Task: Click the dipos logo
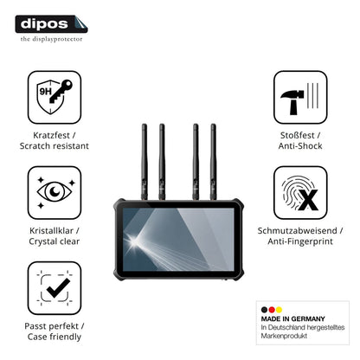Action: coord(51,24)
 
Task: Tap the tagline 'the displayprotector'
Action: coord(51,39)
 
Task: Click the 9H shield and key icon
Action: coord(55,97)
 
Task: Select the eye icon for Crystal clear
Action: coord(55,192)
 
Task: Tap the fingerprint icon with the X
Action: coord(300,192)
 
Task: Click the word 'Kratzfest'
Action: coord(51,135)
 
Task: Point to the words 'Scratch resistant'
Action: coord(55,146)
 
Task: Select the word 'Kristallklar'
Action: coord(51,231)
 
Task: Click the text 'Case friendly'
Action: coord(55,337)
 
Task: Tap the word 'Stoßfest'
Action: coord(297,135)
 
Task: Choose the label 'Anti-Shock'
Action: coord(300,146)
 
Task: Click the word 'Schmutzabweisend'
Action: coord(297,231)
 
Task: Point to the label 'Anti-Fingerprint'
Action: coord(300,241)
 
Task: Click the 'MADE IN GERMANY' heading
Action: coord(292,318)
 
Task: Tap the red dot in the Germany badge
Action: coord(272,310)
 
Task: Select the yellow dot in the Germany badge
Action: coord(279,310)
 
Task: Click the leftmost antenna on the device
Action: coord(145,162)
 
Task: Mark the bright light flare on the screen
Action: coord(133,241)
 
